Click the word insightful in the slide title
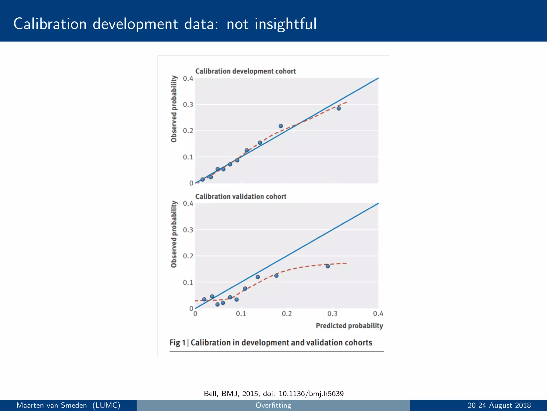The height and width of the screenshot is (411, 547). tap(285, 24)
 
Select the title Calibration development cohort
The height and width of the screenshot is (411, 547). tap(245, 71)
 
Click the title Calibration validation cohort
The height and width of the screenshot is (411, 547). tap(241, 197)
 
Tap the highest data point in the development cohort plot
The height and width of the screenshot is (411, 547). tap(339, 108)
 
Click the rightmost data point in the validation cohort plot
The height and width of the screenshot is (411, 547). tap(328, 266)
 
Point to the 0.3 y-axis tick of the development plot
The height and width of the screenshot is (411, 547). tap(188, 105)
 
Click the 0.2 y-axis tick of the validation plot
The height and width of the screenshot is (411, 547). tap(188, 256)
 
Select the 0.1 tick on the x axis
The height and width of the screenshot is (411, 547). tap(241, 314)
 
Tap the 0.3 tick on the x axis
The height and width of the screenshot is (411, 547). tap(333, 314)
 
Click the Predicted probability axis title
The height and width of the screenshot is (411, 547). tap(349, 326)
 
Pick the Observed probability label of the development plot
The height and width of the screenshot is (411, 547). tap(174, 109)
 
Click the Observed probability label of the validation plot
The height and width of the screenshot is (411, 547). tap(174, 234)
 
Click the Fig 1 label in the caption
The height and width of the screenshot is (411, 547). tap(177, 343)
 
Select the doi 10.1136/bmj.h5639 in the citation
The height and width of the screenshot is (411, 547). tap(311, 394)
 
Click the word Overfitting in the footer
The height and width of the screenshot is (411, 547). tap(273, 405)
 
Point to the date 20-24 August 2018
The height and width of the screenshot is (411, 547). tap(499, 405)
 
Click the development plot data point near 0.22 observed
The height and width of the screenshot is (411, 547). tap(281, 126)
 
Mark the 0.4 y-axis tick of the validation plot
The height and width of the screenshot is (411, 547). tap(188, 204)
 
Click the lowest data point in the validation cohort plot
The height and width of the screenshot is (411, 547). tap(217, 304)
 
